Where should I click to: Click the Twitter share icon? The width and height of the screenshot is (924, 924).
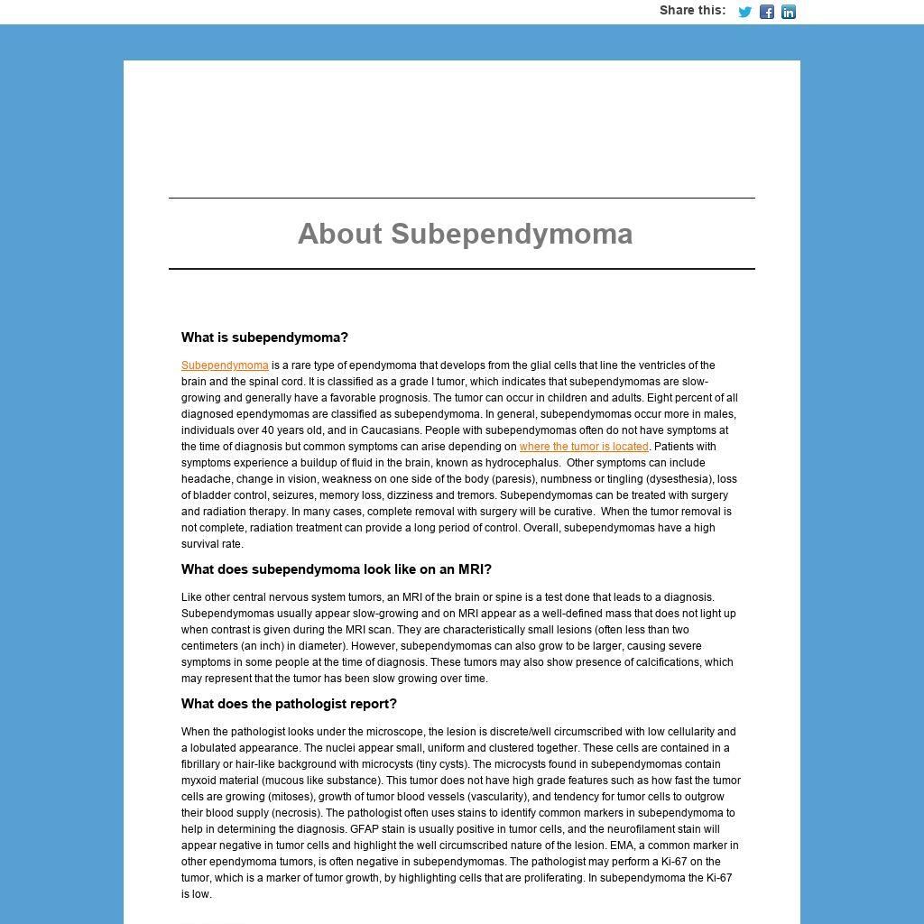click(744, 12)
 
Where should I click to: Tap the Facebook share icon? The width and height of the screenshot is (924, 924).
click(766, 12)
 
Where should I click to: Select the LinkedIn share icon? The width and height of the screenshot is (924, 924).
click(789, 12)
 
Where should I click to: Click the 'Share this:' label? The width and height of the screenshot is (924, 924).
click(692, 11)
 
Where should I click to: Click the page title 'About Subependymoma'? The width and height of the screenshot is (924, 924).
click(465, 234)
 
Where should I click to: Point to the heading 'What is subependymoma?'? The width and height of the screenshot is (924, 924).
click(264, 337)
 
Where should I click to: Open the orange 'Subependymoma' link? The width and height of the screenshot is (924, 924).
click(225, 365)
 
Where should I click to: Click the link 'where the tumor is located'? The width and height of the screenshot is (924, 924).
click(584, 447)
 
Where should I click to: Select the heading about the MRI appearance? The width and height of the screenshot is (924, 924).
click(336, 569)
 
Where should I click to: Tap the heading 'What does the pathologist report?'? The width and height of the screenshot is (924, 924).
click(289, 704)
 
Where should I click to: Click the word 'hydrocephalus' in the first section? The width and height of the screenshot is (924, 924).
click(527, 463)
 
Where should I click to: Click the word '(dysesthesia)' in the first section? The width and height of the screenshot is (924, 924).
click(684, 479)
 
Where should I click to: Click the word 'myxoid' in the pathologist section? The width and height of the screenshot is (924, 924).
click(197, 781)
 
